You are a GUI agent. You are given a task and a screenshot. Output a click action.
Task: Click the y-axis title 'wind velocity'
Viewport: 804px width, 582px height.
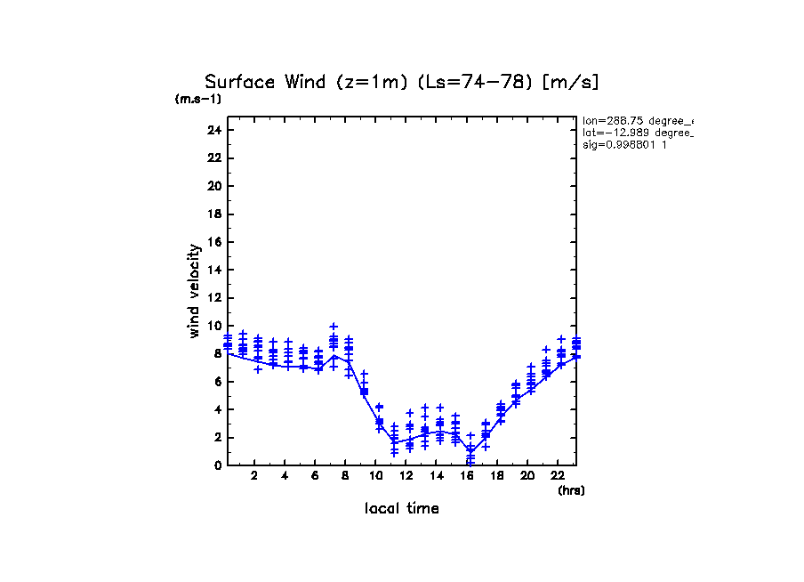(195, 291)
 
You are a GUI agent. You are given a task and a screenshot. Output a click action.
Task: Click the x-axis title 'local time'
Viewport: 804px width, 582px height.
(402, 508)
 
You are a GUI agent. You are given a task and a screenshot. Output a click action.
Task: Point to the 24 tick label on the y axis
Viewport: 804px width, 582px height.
(213, 130)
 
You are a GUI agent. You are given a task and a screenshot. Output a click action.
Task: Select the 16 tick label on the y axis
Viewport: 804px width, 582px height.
(213, 242)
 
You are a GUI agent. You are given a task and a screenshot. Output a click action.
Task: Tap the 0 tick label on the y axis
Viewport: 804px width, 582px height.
(217, 465)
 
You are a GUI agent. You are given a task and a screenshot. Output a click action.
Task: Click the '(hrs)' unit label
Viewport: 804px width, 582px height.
(571, 490)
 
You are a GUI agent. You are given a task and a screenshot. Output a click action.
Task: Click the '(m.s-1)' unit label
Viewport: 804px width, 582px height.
(198, 99)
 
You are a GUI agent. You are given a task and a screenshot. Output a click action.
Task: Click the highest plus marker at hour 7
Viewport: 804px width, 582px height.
(334, 327)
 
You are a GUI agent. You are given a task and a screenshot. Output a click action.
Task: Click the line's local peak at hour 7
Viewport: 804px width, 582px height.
(334, 356)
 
